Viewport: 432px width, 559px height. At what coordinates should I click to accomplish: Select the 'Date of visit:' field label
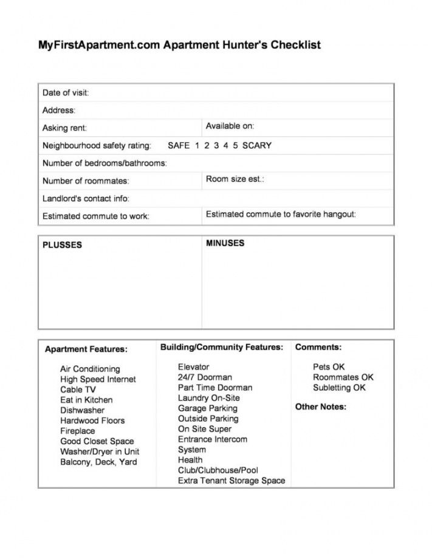click(66, 93)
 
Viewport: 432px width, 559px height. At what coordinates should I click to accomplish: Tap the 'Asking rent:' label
click(64, 128)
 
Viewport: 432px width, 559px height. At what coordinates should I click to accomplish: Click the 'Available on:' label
click(230, 126)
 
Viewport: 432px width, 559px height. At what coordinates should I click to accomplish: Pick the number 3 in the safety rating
click(216, 146)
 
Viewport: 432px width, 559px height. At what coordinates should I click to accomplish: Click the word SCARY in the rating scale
click(257, 146)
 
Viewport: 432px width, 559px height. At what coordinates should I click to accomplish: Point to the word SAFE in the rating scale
click(179, 146)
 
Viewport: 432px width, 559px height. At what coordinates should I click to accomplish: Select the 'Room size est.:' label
click(235, 179)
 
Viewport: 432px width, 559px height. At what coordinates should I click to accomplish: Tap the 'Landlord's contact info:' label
click(86, 199)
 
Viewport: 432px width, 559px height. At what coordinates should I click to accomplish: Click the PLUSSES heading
click(62, 245)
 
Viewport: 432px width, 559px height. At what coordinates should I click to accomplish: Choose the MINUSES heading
click(225, 243)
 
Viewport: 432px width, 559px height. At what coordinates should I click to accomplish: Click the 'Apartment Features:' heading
click(86, 349)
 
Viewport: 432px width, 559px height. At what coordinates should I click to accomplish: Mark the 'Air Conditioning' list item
click(90, 369)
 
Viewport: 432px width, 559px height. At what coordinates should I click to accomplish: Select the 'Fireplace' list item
click(77, 431)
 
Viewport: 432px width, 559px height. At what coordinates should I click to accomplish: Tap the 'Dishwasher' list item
click(82, 410)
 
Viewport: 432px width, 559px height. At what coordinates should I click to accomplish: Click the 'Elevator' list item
click(193, 367)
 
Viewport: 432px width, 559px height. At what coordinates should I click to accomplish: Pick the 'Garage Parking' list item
click(207, 408)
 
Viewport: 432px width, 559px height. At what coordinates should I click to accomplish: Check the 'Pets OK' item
click(329, 367)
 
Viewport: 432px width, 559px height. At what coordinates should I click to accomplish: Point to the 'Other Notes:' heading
click(321, 406)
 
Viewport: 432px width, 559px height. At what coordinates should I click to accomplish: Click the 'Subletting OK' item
click(339, 388)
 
